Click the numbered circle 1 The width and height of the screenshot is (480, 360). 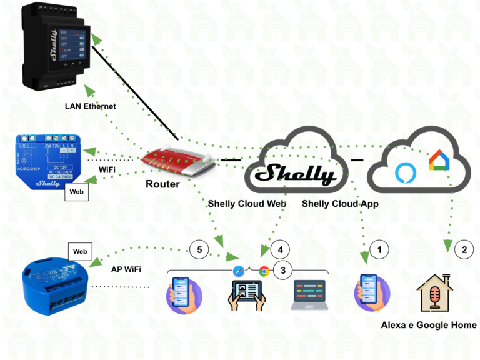click(x=377, y=249)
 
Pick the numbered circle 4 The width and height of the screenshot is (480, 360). click(x=281, y=249)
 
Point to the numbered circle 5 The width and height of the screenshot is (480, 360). click(x=199, y=249)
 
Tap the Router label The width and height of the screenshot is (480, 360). click(x=162, y=184)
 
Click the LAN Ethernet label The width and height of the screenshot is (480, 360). click(x=91, y=106)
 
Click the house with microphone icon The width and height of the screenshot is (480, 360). click(x=435, y=294)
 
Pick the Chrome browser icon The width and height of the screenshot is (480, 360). click(x=264, y=271)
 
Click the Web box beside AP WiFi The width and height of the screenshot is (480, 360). click(x=80, y=251)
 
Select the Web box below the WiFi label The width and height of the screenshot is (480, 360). click(x=77, y=192)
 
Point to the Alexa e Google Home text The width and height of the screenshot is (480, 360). click(x=429, y=325)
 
